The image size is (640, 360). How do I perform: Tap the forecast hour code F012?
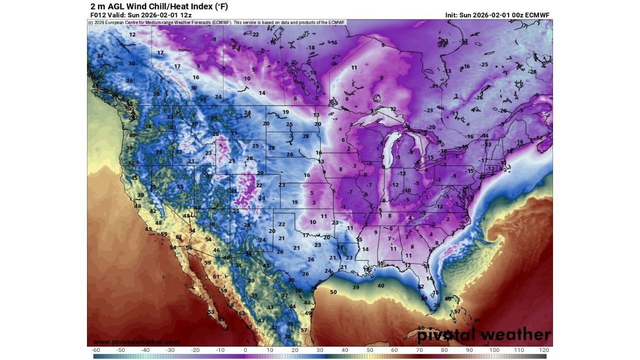tap(97, 15)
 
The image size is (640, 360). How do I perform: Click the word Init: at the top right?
tap(454, 15)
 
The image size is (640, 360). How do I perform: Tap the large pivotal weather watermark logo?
tap(483, 334)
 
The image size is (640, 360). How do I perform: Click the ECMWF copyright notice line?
tap(217, 22)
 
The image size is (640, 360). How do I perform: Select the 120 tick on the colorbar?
tap(544, 350)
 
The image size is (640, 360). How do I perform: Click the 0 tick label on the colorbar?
tap(245, 350)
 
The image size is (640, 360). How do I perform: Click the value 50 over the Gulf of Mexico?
tap(333, 292)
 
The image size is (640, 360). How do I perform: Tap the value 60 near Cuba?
tap(421, 328)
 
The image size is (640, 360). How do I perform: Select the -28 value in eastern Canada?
tap(532, 72)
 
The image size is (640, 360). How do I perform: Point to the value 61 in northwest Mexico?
tap(216, 276)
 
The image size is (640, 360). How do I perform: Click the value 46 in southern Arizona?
tap(216, 250)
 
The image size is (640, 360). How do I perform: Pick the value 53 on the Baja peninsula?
tap(211, 312)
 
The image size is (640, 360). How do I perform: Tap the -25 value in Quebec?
tap(484, 65)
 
